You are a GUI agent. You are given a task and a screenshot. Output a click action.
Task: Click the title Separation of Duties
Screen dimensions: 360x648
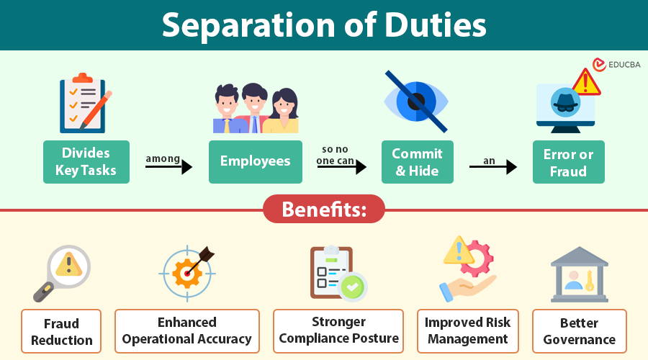[324, 25]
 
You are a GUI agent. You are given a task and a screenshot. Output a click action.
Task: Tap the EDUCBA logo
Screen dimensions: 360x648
[616, 65]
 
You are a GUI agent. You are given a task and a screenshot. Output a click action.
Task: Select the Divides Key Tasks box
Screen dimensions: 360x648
[86, 162]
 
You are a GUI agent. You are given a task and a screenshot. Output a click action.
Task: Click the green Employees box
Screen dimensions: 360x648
[256, 161]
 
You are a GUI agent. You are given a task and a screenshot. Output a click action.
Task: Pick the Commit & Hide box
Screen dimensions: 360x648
[418, 162]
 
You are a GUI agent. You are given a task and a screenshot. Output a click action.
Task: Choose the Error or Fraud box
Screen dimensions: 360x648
[569, 163]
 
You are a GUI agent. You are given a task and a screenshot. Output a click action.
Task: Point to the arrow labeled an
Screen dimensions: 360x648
[493, 167]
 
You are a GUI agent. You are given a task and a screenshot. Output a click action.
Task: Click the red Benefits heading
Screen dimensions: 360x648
[324, 210]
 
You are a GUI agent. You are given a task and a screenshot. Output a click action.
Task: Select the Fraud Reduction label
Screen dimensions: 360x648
[61, 331]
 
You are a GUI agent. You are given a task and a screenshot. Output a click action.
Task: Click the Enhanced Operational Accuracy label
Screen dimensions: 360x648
[187, 330]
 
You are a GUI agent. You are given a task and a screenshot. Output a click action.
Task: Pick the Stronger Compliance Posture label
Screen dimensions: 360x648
[338, 330]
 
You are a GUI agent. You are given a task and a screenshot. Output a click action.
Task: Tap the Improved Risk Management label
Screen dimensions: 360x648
[467, 330]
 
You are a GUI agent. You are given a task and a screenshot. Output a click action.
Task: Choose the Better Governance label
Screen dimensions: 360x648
[580, 331]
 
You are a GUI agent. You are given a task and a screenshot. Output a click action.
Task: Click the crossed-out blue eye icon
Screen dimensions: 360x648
[417, 102]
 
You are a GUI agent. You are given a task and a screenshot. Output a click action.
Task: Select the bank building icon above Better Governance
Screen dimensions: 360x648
[579, 274]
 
